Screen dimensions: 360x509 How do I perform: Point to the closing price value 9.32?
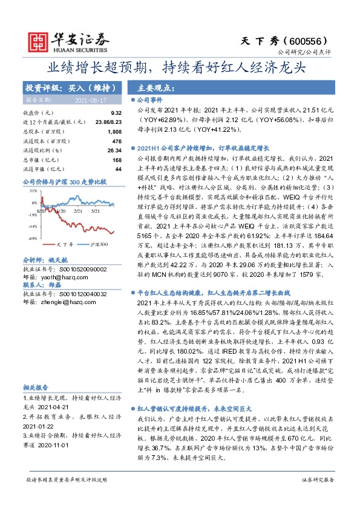(x=116, y=113)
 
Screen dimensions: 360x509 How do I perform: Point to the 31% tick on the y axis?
(x=34, y=191)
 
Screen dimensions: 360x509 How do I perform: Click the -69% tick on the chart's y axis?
(x=33, y=238)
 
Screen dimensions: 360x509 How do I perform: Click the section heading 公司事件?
(x=147, y=99)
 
